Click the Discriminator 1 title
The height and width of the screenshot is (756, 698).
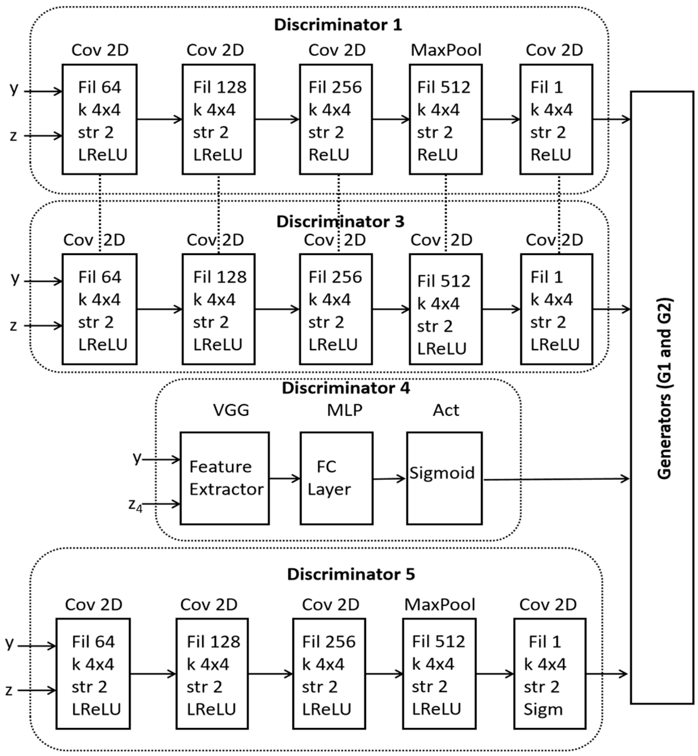coord(338,25)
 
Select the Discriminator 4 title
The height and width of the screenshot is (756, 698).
coord(346,388)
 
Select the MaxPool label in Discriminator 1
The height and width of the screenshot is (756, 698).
coord(446,50)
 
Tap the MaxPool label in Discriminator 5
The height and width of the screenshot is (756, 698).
coord(440,604)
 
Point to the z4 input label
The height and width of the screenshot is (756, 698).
coord(135,505)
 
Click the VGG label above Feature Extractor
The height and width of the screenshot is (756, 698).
coord(231,410)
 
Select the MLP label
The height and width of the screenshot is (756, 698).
coord(344,410)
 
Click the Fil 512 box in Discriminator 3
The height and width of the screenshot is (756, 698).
coord(446,309)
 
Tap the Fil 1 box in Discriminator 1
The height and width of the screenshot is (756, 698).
coord(556,119)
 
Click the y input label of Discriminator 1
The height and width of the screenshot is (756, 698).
coord(14,89)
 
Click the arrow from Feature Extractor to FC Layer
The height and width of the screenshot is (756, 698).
coord(285,479)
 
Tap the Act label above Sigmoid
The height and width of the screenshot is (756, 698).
coord(446,410)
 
